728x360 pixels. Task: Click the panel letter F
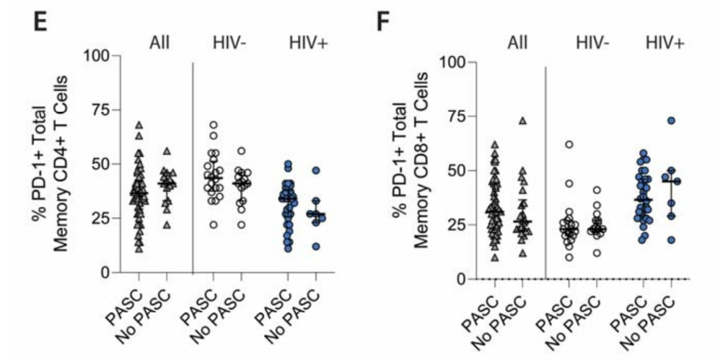pyautogui.click(x=382, y=24)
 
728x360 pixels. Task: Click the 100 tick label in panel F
pyautogui.click(x=451, y=62)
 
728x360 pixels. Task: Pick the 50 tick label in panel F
pyautogui.click(x=454, y=171)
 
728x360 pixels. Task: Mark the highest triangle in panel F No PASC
pyautogui.click(x=522, y=121)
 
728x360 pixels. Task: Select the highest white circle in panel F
pyautogui.click(x=569, y=144)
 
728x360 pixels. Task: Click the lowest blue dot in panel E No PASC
pyautogui.click(x=315, y=247)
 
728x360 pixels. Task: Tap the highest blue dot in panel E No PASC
pyautogui.click(x=315, y=171)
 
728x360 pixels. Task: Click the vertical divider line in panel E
pyautogui.click(x=193, y=169)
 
